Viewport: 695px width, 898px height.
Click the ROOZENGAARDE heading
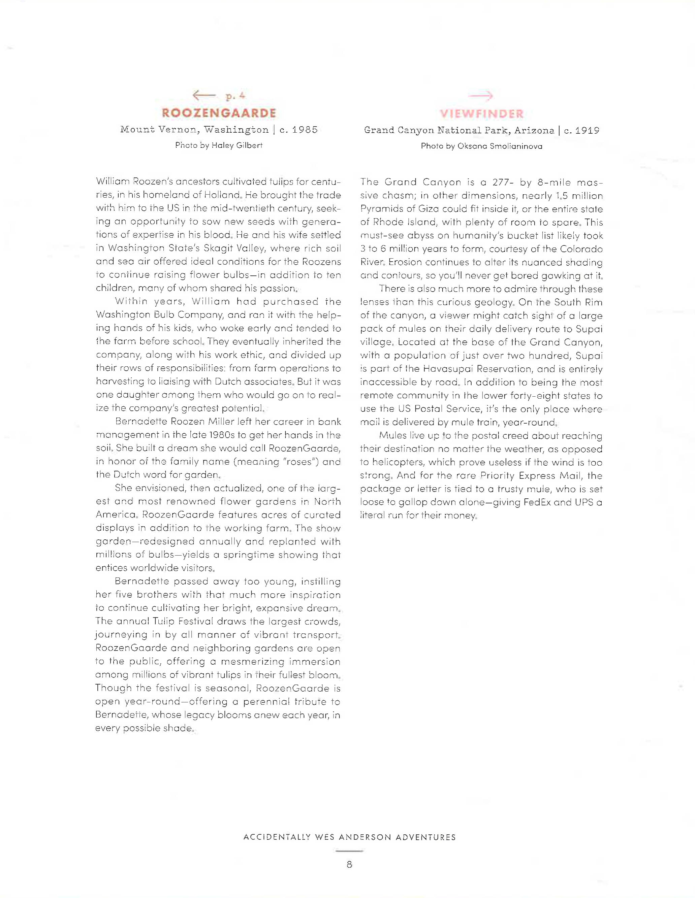pyautogui.click(x=219, y=113)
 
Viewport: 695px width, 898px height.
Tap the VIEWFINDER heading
pyautogui.click(x=481, y=113)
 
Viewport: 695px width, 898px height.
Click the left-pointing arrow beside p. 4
pyautogui.click(x=204, y=96)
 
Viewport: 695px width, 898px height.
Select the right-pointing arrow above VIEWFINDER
pyautogui.click(x=481, y=96)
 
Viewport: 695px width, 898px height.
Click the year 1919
pyautogui.click(x=587, y=131)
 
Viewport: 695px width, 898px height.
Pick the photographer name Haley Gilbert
pyautogui.click(x=237, y=145)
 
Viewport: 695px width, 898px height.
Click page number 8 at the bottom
pyautogui.click(x=349, y=865)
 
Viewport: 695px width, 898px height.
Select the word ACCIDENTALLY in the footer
pyautogui.click(x=277, y=837)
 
